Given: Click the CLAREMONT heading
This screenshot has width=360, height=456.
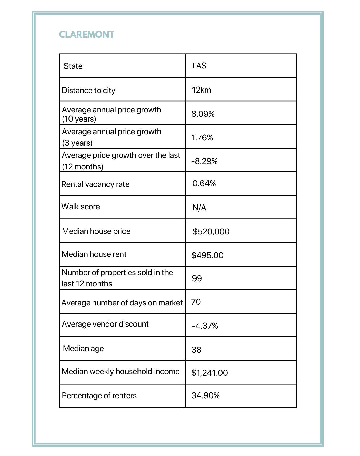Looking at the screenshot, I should coord(86,34).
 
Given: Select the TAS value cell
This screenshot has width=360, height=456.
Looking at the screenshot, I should coord(199,66).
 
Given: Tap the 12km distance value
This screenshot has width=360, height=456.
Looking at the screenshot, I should coord(201,90).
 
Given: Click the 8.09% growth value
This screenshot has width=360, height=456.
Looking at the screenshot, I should coord(203,114).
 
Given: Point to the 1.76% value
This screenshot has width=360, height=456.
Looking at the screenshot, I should coord(202,138).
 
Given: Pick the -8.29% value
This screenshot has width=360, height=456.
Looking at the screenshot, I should coord(204,161).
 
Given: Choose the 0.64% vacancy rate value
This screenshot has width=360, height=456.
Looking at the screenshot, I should coord(204,183).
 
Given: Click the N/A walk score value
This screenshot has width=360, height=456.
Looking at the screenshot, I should coord(199,208).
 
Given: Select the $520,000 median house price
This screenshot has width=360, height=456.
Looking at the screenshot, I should coord(211,231).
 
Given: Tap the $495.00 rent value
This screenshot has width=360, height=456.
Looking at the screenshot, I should coord(207,255).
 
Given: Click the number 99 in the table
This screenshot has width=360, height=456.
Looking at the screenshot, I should coord(197,278).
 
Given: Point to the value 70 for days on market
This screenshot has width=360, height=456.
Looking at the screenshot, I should coord(196,302).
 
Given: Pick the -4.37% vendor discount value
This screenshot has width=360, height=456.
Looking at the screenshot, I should coord(205,326).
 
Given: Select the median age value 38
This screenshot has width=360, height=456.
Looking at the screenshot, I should coord(197,350).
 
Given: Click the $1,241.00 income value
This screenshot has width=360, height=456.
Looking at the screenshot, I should coord(210,373).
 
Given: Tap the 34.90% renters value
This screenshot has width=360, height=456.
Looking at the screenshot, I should coord(205,395).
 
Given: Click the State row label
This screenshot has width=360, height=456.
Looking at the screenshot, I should coord(73,66).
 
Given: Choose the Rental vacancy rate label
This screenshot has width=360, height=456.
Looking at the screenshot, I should coord(95,184).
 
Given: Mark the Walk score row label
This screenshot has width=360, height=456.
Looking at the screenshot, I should coord(81,207).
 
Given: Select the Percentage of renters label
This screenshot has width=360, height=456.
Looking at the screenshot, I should coord(99,395).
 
